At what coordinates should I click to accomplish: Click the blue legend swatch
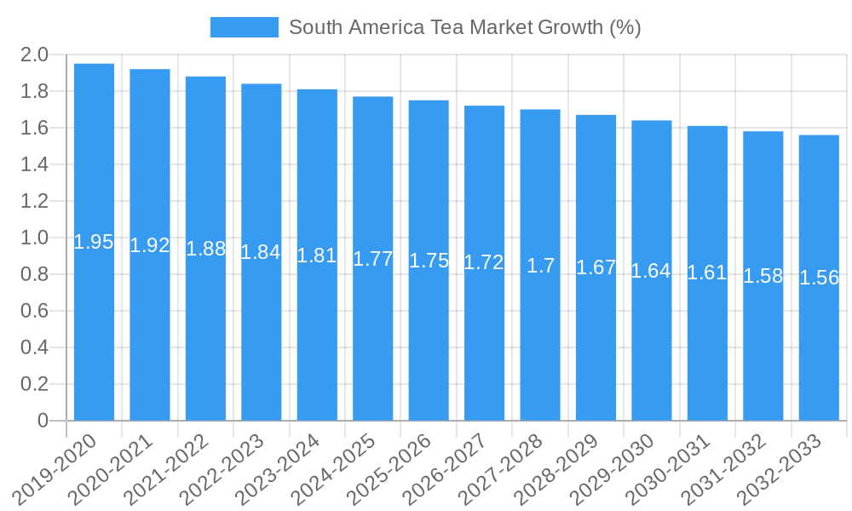[x=244, y=27]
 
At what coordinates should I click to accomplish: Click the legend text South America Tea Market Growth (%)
[x=464, y=27]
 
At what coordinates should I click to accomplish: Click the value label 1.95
[x=94, y=242]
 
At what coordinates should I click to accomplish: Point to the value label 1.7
[x=540, y=266]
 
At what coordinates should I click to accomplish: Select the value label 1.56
[x=819, y=278]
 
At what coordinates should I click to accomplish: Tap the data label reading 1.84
[x=261, y=252]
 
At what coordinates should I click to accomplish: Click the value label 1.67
[x=596, y=267]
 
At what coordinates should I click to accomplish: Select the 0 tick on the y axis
[x=43, y=421]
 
